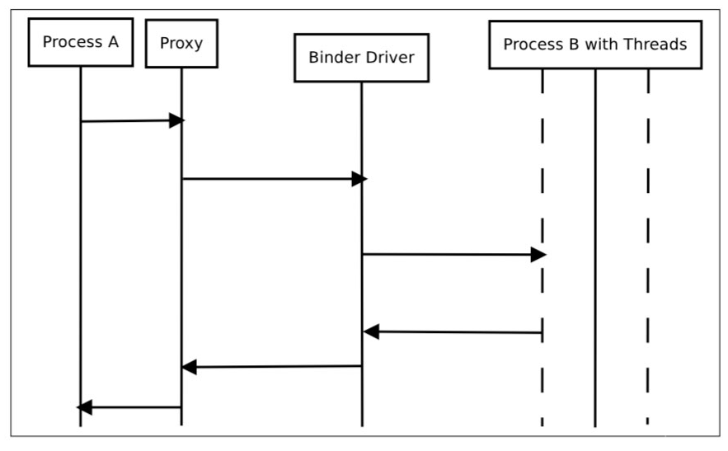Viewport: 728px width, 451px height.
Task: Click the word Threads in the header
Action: click(655, 45)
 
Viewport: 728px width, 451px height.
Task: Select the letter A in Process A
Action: click(113, 42)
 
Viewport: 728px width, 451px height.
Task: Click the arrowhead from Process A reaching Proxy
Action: click(177, 120)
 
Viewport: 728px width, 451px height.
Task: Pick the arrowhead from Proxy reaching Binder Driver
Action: click(359, 179)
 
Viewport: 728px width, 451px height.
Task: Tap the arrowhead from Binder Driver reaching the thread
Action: click(538, 255)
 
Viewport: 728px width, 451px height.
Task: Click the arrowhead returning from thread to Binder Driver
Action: click(371, 331)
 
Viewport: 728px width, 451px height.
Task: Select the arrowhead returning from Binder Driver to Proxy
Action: click(189, 367)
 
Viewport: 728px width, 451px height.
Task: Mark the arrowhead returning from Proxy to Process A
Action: click(84, 407)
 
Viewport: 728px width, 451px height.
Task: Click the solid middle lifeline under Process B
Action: click(595, 248)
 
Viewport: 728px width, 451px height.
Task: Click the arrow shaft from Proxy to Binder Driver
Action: click(267, 179)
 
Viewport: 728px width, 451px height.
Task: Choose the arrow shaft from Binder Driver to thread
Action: click(447, 255)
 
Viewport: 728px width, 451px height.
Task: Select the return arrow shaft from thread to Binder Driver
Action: click(461, 332)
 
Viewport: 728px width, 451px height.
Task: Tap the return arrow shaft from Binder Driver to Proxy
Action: click(279, 366)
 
